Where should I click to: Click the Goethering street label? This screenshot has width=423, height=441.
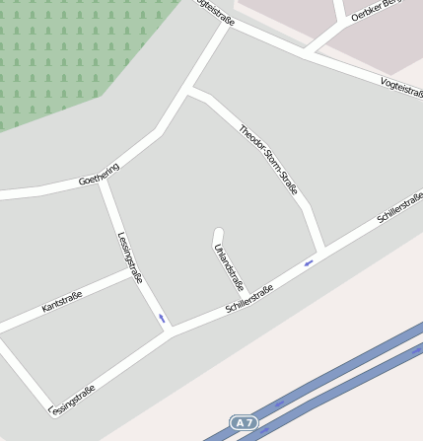99,175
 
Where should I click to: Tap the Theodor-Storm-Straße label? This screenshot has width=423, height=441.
268,158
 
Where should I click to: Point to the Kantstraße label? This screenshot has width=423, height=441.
61,302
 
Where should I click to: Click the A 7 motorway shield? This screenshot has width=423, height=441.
244,422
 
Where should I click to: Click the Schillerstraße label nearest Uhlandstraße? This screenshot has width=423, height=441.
248,297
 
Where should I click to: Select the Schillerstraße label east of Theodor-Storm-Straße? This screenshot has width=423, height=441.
399,209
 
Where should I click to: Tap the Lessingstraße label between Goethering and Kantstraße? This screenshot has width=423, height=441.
130,257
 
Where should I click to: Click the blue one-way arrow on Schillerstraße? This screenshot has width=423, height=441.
309,262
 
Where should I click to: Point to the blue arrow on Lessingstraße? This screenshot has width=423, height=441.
162,318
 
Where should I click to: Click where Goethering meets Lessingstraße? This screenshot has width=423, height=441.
102,183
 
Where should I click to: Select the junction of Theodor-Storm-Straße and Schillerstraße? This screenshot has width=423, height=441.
322,251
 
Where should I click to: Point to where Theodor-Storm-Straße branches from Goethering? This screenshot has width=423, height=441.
189,92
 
